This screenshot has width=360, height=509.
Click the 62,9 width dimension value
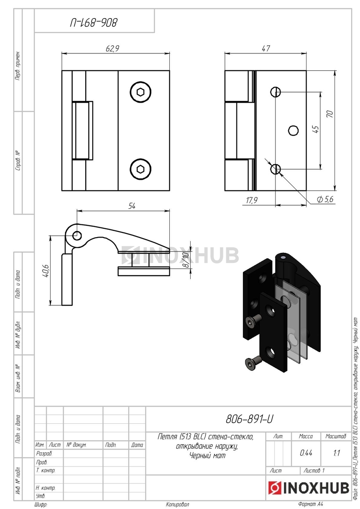point(112,48)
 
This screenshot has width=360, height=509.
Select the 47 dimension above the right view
point(266,48)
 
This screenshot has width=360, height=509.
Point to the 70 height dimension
point(330,114)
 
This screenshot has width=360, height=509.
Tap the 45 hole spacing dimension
point(315,129)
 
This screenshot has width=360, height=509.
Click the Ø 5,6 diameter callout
point(325,199)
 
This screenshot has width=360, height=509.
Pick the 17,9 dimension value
point(251,200)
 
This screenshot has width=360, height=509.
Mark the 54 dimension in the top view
point(132,206)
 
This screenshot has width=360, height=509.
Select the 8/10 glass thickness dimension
point(186,260)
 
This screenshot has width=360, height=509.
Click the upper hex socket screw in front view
point(141,92)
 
